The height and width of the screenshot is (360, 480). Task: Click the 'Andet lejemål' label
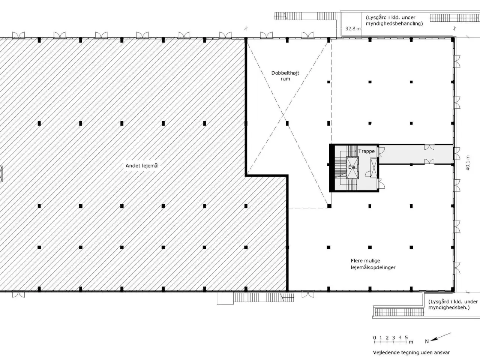(142, 166)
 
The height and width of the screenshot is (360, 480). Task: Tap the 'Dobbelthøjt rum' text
(285, 76)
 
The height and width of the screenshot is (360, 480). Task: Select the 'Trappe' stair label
(366, 151)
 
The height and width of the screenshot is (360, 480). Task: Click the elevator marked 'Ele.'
(352, 168)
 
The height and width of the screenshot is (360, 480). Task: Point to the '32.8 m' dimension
(353, 28)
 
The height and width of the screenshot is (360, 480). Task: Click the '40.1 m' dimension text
(468, 163)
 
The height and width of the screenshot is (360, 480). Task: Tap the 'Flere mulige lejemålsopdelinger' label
(373, 264)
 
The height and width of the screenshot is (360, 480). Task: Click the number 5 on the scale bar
(406, 337)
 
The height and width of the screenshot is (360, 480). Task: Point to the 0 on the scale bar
(375, 338)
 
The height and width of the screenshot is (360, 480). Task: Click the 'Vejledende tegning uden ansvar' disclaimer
(411, 352)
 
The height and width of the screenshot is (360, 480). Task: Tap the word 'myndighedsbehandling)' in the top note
(394, 24)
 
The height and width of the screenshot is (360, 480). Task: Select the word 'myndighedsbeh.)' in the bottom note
(449, 307)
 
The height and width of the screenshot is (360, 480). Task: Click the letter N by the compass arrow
(427, 341)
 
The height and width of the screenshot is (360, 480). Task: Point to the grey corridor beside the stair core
(415, 154)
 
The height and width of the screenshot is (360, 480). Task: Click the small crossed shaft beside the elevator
(373, 168)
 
